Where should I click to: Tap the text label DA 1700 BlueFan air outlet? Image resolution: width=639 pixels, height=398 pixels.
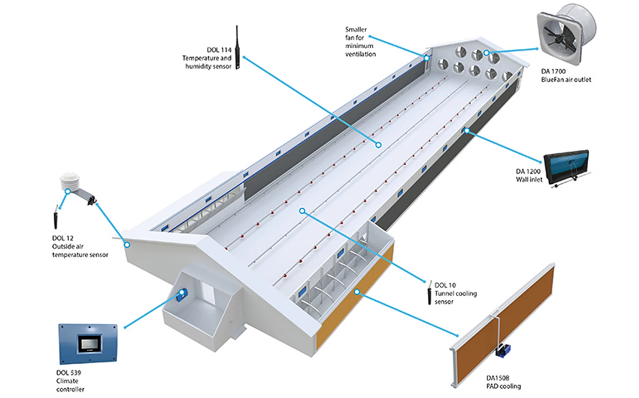click(566, 75)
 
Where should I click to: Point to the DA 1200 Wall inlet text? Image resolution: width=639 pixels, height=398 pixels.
click(528, 176)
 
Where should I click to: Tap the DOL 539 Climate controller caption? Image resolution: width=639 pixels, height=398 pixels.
click(69, 381)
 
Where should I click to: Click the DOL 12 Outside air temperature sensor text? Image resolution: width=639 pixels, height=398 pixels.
click(79, 246)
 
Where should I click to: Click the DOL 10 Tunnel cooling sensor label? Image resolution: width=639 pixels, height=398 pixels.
click(455, 293)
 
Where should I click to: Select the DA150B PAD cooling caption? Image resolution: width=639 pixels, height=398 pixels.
click(503, 382)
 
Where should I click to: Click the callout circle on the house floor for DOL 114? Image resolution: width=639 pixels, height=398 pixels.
click(378, 145)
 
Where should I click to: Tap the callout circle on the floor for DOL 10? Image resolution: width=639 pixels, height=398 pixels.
click(302, 210)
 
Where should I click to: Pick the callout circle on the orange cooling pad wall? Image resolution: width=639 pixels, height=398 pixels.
click(357, 292)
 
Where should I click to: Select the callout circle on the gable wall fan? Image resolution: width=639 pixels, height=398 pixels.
click(486, 53)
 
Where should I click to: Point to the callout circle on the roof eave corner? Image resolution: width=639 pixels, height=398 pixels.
click(127, 244)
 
